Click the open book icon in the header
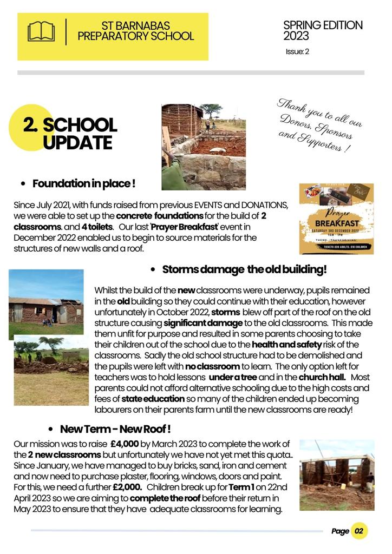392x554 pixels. coord(41,32)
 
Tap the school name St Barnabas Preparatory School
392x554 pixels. coord(135,31)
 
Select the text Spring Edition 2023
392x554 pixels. coord(323,31)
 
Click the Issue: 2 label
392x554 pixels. coord(297,52)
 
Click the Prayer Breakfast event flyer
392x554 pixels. coord(336,219)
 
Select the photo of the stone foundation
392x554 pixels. coord(204,147)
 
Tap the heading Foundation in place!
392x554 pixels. coord(84,184)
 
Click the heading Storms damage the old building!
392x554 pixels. coord(244,269)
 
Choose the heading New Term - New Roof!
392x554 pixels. coord(115,429)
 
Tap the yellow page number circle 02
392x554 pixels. coord(359,531)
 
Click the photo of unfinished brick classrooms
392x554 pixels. coord(337,474)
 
